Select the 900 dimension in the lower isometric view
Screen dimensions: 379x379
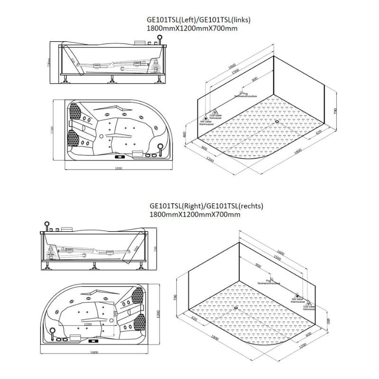[259, 266]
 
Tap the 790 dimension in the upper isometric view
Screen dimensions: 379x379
[335, 111]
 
